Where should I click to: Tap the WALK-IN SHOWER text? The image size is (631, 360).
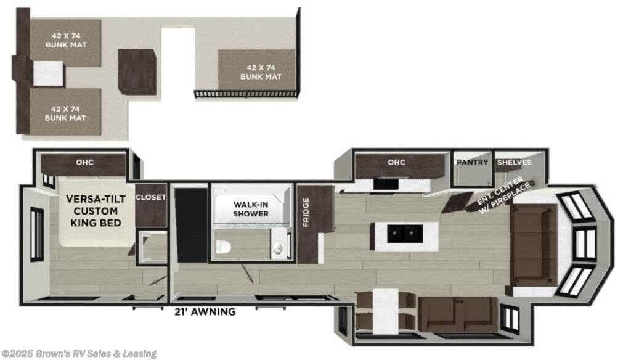251,209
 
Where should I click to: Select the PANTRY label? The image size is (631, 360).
472,162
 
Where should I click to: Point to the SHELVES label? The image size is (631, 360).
513,162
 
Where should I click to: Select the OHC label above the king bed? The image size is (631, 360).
84,163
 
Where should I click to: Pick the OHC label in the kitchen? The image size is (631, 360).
396,163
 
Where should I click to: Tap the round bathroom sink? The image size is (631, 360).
278,247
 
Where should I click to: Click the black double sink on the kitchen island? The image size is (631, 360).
405,233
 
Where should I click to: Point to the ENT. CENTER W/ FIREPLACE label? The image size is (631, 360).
504,194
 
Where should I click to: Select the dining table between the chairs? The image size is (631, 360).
385,311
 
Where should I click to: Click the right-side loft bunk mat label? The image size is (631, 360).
260,72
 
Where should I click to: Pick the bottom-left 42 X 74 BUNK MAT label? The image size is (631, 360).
65,113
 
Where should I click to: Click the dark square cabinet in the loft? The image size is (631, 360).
137,72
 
